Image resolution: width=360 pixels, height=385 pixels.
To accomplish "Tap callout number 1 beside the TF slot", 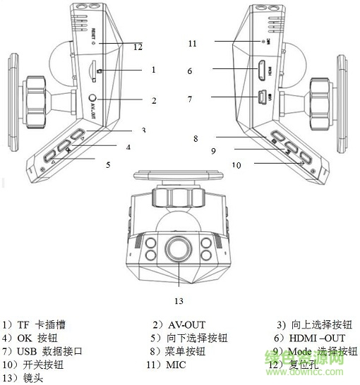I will pyautogui.click(x=152, y=70).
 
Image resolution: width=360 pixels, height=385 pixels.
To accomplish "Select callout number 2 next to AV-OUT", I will pyautogui.click(x=153, y=101).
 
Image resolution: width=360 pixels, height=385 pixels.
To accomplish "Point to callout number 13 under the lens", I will pyautogui.click(x=178, y=301).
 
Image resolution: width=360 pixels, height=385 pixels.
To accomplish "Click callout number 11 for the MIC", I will pyautogui.click(x=191, y=43).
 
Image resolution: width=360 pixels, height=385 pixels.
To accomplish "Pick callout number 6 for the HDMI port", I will pyautogui.click(x=190, y=71).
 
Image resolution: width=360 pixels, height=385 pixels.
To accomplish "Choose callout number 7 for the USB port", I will pyautogui.click(x=190, y=99).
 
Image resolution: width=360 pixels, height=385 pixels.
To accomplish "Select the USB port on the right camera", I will pyautogui.click(x=260, y=97).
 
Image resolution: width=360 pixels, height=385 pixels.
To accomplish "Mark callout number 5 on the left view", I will pyautogui.click(x=108, y=164).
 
